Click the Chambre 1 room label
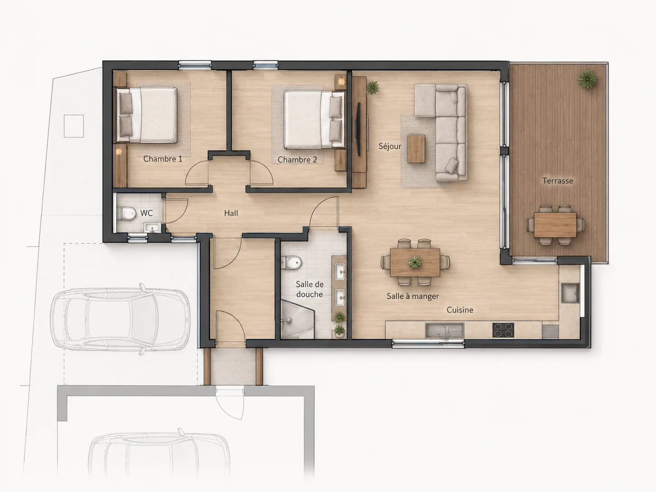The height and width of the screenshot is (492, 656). click(163, 159)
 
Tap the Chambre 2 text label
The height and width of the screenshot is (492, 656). click(297, 159)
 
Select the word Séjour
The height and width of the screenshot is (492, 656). click(390, 146)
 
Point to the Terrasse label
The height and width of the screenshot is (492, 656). click(558, 181)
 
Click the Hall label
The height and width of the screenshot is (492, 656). click(231, 213)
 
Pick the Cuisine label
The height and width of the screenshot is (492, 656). click(460, 310)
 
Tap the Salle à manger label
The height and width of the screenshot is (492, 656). click(413, 296)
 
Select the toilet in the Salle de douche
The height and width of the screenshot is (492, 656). click(291, 263)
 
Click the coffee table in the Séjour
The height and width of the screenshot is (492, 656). click(416, 149)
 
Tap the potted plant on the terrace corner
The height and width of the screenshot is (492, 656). click(587, 79)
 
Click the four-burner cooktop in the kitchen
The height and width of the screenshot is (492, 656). click(503, 330)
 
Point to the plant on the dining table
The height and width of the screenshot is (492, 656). click(415, 262)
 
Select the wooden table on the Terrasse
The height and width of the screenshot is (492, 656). click(555, 225)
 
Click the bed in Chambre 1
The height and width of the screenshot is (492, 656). click(146, 115)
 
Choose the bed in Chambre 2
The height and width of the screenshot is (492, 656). click(314, 120)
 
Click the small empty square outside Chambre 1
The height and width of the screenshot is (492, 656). click(73, 126)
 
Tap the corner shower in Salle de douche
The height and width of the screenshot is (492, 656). click(298, 319)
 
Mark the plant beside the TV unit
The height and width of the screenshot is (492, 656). click(372, 87)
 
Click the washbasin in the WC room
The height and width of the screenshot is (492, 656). click(152, 227)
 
